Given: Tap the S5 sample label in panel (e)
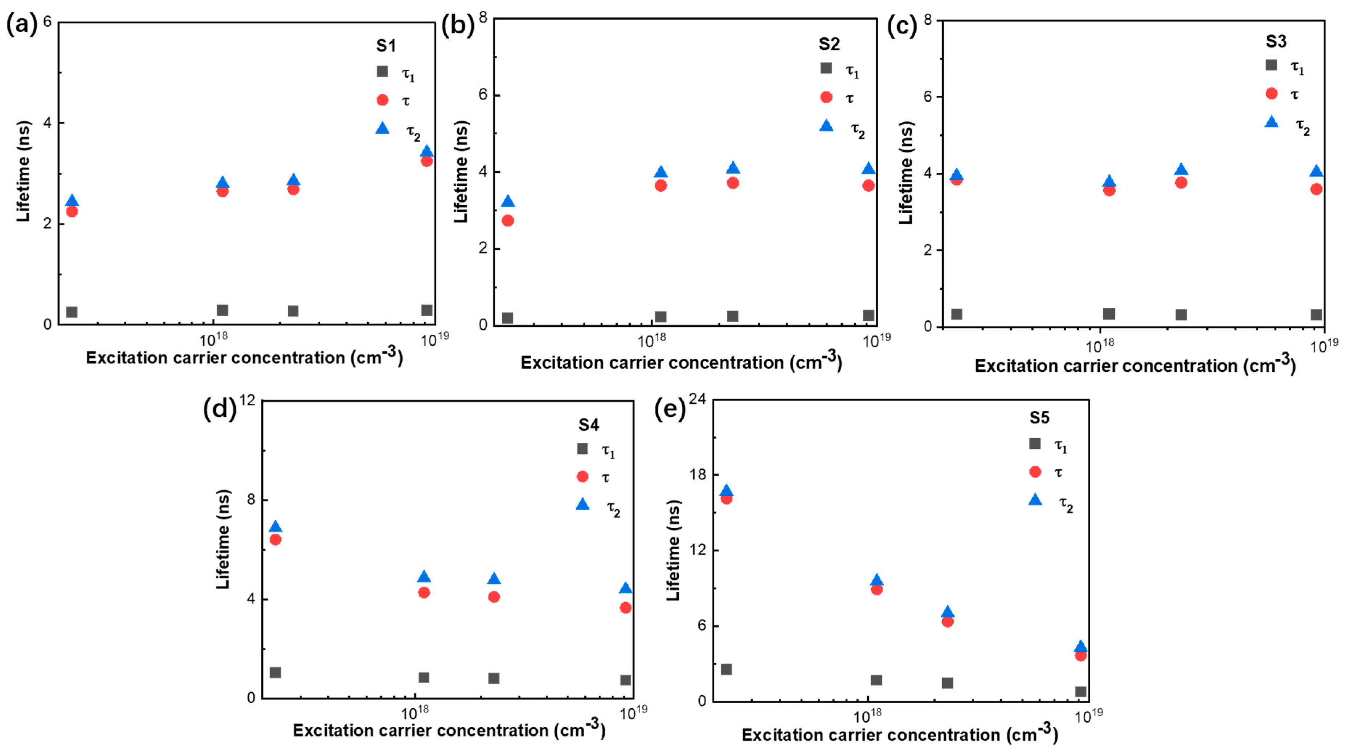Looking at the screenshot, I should pyautogui.click(x=1039, y=418).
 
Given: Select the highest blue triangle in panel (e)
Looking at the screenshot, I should pyautogui.click(x=726, y=491).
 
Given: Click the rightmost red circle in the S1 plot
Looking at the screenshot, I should pyautogui.click(x=426, y=161).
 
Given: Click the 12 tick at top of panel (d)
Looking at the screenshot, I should pyautogui.click(x=248, y=400).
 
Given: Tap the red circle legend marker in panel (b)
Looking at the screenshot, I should pyautogui.click(x=826, y=97).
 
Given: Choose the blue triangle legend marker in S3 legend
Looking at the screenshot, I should pyautogui.click(x=1272, y=122).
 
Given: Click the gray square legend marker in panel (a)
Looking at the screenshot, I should pyautogui.click(x=382, y=72).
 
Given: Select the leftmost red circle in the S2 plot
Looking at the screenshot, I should pyautogui.click(x=507, y=220).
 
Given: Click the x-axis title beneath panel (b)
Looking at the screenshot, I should pyautogui.click(x=681, y=362).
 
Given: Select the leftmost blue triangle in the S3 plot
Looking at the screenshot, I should pyautogui.click(x=957, y=175).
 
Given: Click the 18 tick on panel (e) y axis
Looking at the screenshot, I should pyautogui.click(x=697, y=474).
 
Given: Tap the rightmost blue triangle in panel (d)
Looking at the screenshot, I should pyautogui.click(x=626, y=588).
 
